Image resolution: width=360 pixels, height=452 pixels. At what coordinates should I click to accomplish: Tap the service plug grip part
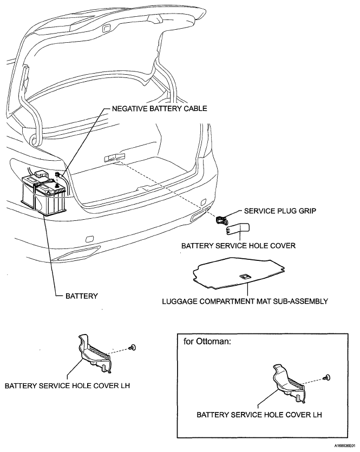pyautogui.click(x=222, y=219)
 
